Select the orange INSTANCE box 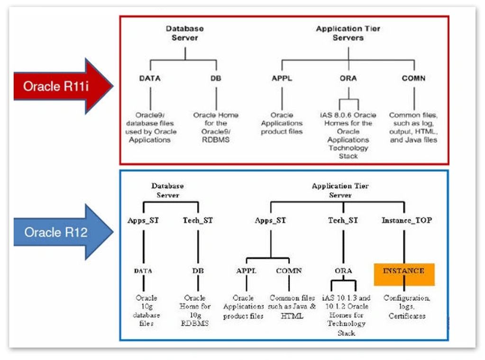404,274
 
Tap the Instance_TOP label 406,220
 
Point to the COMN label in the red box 413,79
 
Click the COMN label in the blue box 289,271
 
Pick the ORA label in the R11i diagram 348,79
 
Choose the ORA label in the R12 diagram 343,271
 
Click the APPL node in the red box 282,79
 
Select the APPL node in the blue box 247,271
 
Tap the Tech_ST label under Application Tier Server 343,220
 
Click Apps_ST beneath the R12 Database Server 143,220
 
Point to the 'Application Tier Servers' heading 348,33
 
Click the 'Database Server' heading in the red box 184,33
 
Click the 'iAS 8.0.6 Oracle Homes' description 348,135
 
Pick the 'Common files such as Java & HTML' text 292,307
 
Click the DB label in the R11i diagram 216,79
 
